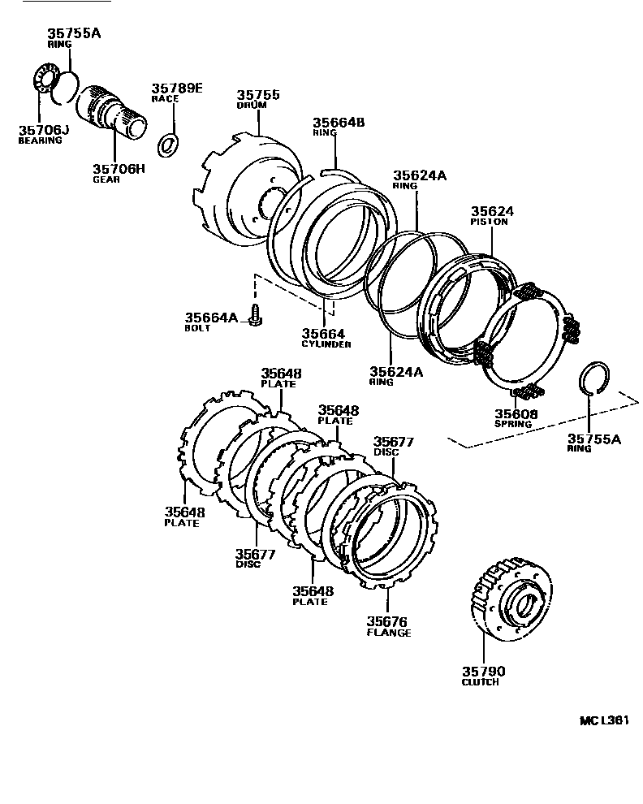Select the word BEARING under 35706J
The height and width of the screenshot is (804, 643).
[41, 140]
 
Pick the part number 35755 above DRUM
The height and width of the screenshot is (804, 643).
[258, 95]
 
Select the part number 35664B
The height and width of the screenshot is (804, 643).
[339, 123]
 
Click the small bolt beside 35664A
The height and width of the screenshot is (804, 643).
[256, 315]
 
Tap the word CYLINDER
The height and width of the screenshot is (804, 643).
[326, 344]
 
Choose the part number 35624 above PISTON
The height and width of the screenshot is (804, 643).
[492, 211]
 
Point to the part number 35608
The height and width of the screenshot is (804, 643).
[516, 413]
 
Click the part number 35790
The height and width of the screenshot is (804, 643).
[483, 671]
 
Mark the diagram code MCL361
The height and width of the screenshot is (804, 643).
[604, 720]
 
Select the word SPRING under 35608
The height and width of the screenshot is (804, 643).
[513, 424]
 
